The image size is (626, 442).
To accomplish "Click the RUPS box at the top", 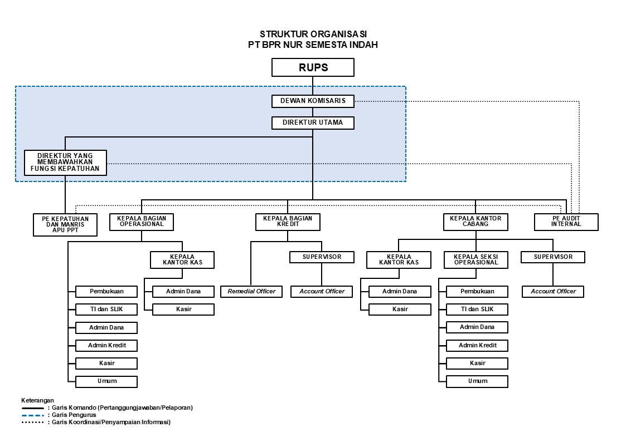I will (313, 67).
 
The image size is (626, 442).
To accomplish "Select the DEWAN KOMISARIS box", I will (313, 101).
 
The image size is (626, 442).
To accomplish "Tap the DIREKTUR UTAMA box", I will (313, 122).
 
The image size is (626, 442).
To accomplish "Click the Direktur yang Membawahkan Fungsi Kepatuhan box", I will (65, 163).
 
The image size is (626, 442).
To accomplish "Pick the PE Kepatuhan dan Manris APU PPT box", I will (65, 224).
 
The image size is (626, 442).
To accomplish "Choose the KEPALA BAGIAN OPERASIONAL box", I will (142, 222).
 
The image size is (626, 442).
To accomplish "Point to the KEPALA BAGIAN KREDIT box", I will (288, 222).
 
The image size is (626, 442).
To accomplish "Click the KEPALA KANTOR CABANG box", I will (475, 222).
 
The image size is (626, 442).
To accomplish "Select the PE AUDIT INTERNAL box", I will (566, 222).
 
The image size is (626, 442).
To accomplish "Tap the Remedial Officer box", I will (251, 291).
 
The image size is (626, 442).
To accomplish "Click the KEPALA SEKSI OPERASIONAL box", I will (476, 259).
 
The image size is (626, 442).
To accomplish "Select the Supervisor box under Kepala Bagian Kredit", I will (322, 257).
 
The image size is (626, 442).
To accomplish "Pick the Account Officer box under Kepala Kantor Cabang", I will (553, 291).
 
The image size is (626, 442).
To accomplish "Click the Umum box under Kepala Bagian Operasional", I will (106, 381).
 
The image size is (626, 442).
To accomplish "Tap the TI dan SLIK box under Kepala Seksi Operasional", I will (477, 310).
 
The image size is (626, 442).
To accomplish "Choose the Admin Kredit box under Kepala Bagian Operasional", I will (106, 345).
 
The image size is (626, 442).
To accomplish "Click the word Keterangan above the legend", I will (37, 400).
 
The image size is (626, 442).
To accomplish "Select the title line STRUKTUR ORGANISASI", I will (313, 35).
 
